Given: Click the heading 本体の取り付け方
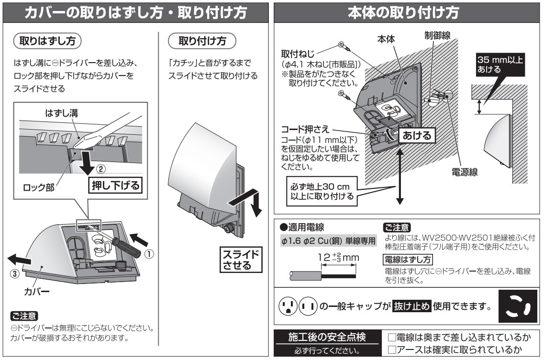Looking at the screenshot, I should pyautogui.click(x=408, y=12).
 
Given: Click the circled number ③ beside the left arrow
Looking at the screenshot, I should pyautogui.click(x=15, y=274).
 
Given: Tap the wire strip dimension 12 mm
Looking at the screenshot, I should pyautogui.click(x=339, y=258).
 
